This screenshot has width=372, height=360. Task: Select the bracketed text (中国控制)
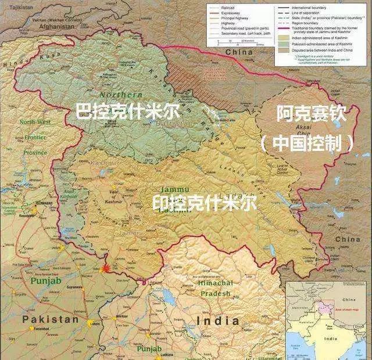point(306,143)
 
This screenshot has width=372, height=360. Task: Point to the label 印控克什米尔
point(204,203)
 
